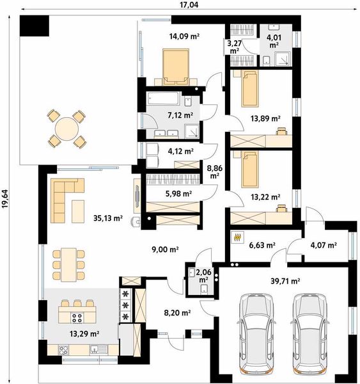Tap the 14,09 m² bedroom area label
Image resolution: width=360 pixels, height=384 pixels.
[184, 36]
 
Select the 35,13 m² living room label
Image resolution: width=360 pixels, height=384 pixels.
[108, 218]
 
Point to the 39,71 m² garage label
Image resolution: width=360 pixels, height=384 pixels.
[285, 281]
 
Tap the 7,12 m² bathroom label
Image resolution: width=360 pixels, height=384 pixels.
[180, 115]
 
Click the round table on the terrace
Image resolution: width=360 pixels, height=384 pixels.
[67, 129]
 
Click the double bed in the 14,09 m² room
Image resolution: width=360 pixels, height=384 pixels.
[176, 67]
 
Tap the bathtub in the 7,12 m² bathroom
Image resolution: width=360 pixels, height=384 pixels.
[163, 99]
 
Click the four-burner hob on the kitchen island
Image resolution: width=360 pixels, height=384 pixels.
[77, 318]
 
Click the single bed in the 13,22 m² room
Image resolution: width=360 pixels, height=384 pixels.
[250, 169]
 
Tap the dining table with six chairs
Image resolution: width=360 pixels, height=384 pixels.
[69, 265]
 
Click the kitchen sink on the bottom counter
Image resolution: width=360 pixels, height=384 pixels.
[98, 349]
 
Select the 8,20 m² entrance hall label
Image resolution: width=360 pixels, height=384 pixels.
[177, 312]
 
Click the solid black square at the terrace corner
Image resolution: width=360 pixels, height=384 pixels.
[35, 26]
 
